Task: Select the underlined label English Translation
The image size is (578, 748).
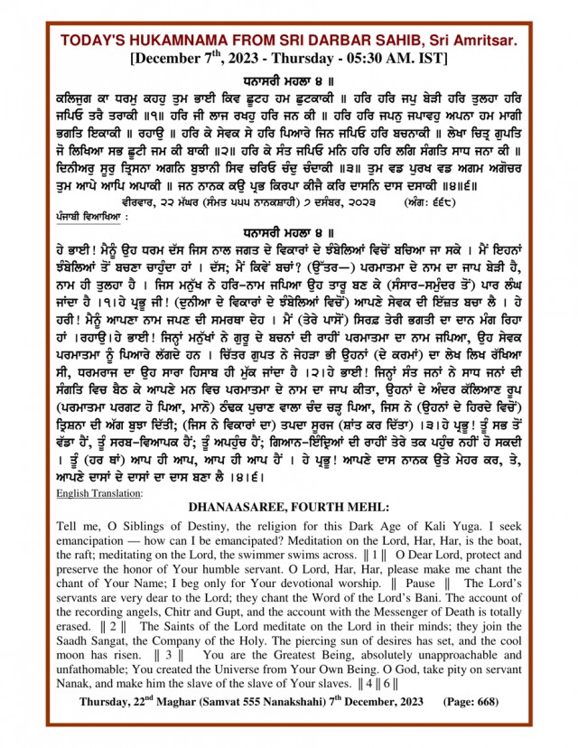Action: click(99, 493)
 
